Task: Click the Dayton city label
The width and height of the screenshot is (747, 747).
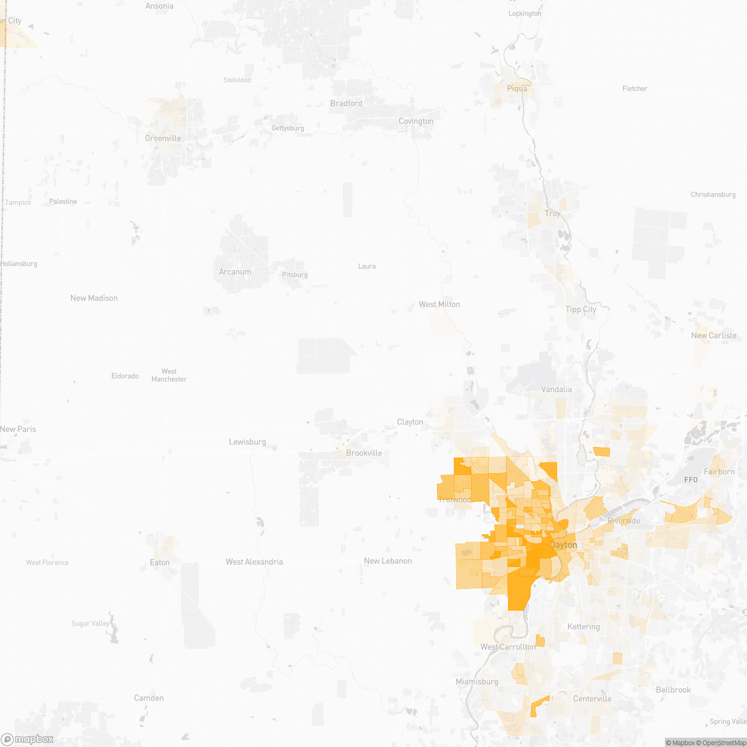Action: pyautogui.click(x=563, y=545)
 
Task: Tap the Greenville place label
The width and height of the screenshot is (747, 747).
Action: pyautogui.click(x=163, y=138)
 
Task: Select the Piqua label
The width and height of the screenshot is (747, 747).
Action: pyautogui.click(x=517, y=88)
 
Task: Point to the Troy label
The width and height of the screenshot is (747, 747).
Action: pyautogui.click(x=553, y=213)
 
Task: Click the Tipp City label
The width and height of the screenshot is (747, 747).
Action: pyautogui.click(x=581, y=309)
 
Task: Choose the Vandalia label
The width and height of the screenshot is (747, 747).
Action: pyautogui.click(x=557, y=389)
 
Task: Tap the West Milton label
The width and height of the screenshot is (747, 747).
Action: pyautogui.click(x=439, y=304)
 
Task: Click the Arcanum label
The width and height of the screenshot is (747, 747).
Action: pyautogui.click(x=235, y=272)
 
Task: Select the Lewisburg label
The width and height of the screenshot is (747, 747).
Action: pyautogui.click(x=248, y=442)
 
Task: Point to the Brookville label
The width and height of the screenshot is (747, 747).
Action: pyautogui.click(x=364, y=453)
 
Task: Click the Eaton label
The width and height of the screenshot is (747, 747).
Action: pyautogui.click(x=160, y=562)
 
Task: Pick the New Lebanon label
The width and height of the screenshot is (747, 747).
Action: pyautogui.click(x=388, y=561)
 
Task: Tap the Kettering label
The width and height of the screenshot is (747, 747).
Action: pyautogui.click(x=584, y=627)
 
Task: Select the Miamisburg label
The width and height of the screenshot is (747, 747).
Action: pyautogui.click(x=477, y=682)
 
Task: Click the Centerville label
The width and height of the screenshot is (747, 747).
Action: pyautogui.click(x=592, y=698)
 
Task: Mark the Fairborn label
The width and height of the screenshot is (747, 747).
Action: pyautogui.click(x=719, y=472)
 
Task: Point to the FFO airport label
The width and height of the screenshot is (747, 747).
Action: pyautogui.click(x=691, y=480)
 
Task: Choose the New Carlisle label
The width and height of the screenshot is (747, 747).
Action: pyautogui.click(x=713, y=336)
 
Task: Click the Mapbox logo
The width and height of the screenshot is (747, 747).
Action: pyautogui.click(x=27, y=739)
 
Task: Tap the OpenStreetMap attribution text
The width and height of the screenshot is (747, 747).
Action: pyautogui.click(x=723, y=743)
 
